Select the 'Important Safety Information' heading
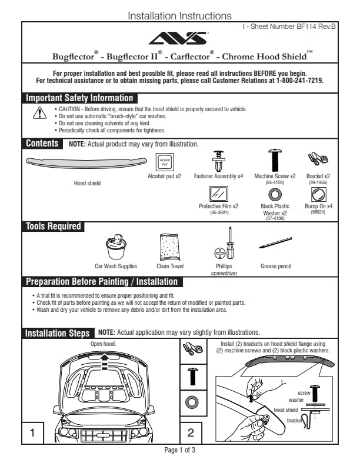[79, 98]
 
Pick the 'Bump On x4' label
[318, 207]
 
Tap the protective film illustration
[218, 194]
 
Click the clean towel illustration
[169, 248]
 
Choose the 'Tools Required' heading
[53, 227]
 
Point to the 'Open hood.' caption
[103, 344]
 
